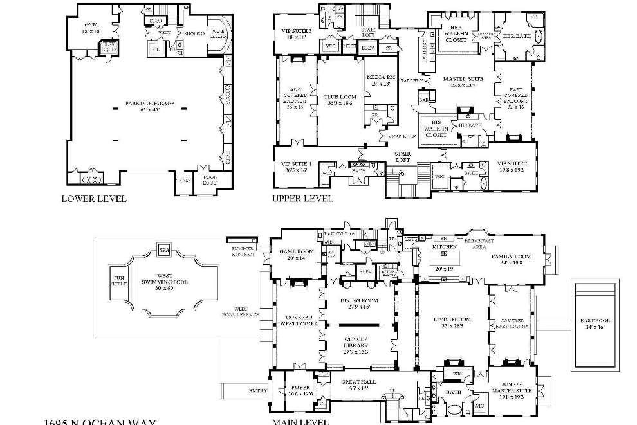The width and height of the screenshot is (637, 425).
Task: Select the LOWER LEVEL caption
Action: pos(94,199)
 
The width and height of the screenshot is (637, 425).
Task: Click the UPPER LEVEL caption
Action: pos(302,199)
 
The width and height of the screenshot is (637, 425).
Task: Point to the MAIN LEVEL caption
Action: pos(300,422)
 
